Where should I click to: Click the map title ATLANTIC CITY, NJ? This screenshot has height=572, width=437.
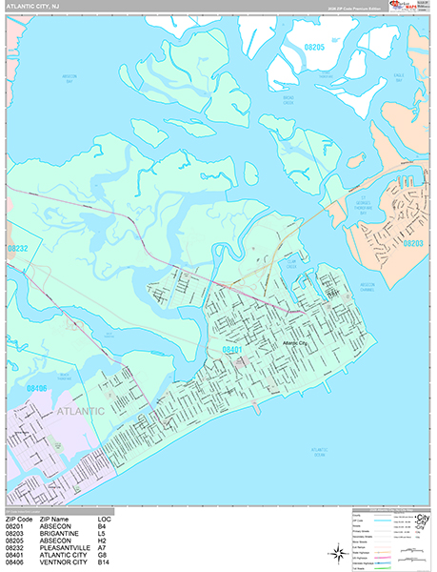click(32, 7)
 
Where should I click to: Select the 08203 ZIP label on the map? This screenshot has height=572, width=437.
click(413, 244)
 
